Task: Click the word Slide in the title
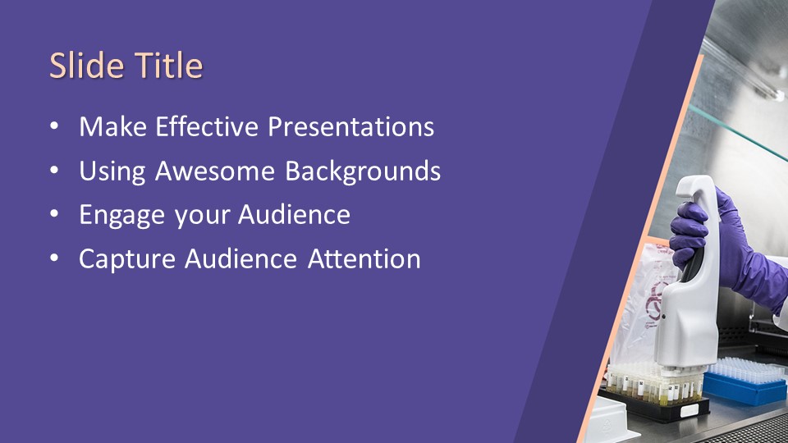tap(87, 66)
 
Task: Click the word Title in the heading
tap(169, 66)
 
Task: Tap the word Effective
tap(207, 126)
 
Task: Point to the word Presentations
tap(350, 126)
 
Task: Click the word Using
tap(112, 171)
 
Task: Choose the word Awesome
tap(214, 171)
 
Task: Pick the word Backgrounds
tap(363, 171)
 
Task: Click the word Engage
tap(122, 216)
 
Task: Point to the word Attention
tap(364, 259)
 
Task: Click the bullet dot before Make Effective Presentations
tap(54, 126)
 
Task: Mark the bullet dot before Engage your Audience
tap(54, 214)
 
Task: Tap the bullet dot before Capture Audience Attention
tap(54, 258)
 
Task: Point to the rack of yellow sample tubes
tap(653, 389)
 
